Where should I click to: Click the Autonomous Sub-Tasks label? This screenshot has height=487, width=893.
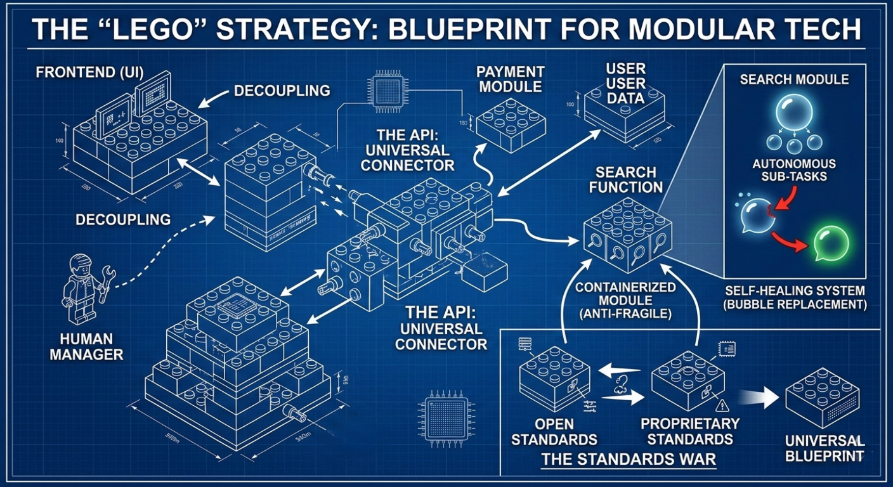tap(794, 170)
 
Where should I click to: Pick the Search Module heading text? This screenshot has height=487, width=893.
tap(794, 79)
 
